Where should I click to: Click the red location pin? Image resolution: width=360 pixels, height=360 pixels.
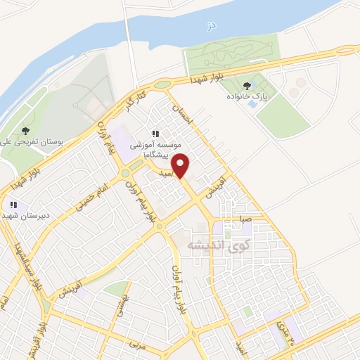[181, 165]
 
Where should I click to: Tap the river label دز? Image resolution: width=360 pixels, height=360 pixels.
[209, 26]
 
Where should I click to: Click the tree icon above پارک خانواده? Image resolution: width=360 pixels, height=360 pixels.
[246, 85]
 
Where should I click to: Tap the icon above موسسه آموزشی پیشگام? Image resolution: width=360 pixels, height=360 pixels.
[155, 134]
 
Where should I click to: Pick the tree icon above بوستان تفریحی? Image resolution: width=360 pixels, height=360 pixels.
[25, 130]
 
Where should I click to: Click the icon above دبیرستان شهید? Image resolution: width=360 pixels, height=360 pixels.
[12, 205]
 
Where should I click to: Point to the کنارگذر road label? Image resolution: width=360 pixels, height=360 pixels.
[136, 101]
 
